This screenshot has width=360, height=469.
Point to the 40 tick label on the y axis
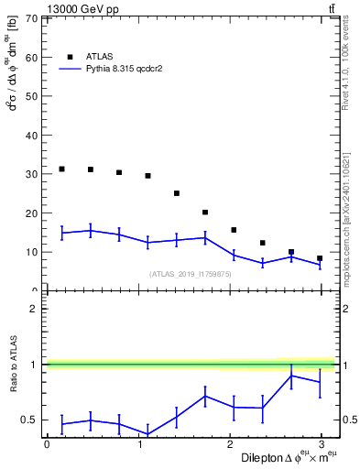click(x=31, y=136)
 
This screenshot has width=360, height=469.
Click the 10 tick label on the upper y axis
click(x=31, y=252)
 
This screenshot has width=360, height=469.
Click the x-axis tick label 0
click(x=47, y=443)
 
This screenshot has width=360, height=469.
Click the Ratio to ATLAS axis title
click(x=14, y=365)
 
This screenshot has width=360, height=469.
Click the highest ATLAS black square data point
click(x=61, y=169)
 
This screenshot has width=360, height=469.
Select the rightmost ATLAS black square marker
click(x=320, y=258)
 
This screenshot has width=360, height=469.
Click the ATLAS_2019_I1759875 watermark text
click(x=191, y=274)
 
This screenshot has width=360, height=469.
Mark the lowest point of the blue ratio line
click(x=147, y=434)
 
